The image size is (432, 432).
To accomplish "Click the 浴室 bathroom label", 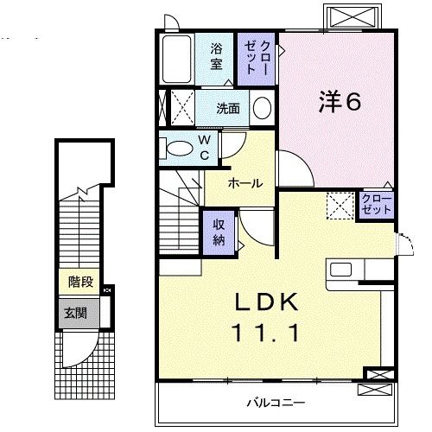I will (x=216, y=56).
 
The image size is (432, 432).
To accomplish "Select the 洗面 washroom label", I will (x=228, y=109).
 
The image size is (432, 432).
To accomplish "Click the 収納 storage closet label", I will (x=219, y=231).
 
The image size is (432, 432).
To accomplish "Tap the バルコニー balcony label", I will (x=274, y=403).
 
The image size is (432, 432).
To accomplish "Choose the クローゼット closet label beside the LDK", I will (x=376, y=204).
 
